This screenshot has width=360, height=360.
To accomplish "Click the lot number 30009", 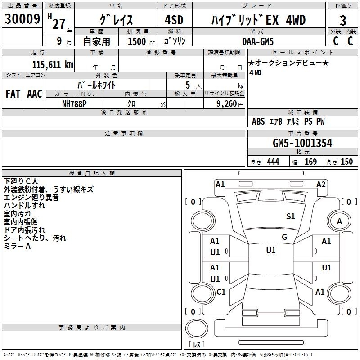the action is pos(22,19).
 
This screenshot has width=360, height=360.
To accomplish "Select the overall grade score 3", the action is pos(343,21).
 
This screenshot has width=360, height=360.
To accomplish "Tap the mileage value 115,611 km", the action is pos(53,64).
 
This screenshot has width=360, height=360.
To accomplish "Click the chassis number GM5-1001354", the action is pos(302,143).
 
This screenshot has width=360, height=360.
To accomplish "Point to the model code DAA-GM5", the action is pos(258,41).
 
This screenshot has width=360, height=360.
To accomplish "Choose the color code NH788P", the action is pos(74,104).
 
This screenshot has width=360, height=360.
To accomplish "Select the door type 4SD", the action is pos(174,20).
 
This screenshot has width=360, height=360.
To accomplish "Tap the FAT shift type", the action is pos(13,94).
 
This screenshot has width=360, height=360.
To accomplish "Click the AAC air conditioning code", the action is pos(35,94).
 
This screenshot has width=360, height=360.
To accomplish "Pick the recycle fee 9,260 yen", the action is pos(230,104).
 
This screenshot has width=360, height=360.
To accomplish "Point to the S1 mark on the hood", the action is pos(290,216).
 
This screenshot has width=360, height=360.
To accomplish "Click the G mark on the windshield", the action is pos(284,237).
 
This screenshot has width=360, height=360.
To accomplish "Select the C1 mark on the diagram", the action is pos(221,292).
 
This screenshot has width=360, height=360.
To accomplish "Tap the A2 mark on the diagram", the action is pos(321,184).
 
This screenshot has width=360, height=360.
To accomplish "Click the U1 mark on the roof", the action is pos(271,251).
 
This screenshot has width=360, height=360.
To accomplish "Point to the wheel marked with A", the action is pos(339,221).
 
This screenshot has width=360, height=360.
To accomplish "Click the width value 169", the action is pos(310,162).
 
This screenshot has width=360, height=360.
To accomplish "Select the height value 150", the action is pos(346,162).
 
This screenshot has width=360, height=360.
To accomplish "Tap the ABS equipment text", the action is pos(258,121).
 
